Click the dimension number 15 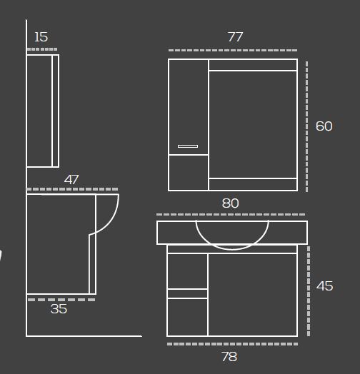(41, 37)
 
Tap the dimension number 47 (71, 180)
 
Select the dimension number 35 (59, 309)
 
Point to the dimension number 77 (236, 36)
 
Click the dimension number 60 (324, 126)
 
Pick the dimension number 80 (230, 203)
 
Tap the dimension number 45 (324, 285)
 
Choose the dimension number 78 (229, 357)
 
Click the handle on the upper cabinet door (188, 146)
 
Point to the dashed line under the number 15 (42, 49)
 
